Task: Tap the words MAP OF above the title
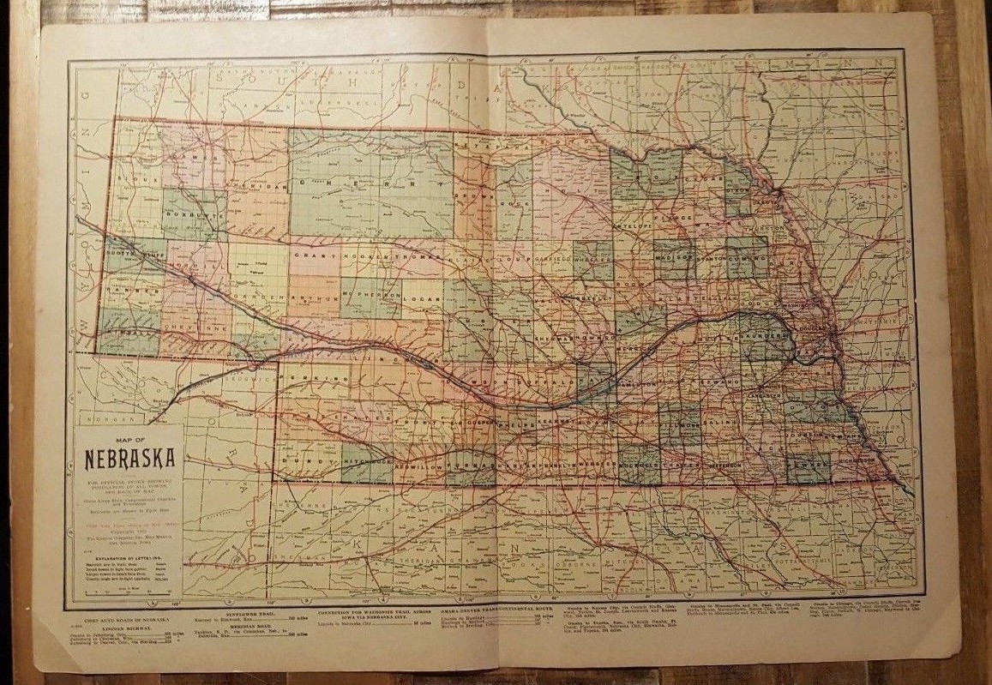pos(127,441)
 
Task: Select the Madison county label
pos(674,255)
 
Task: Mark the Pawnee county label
pos(809,464)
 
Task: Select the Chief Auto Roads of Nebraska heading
pos(125,618)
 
